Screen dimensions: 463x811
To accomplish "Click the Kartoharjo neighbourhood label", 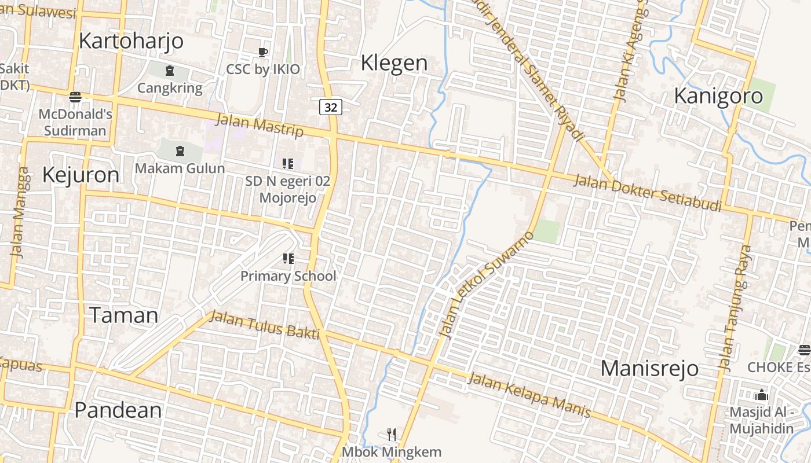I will coord(131,41).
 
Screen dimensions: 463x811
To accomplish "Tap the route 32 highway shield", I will coord(330,107).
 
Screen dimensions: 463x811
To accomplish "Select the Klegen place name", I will coord(394,63).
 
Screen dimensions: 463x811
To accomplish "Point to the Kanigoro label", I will coord(718,96).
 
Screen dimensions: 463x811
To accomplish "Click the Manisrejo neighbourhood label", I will coord(649,368).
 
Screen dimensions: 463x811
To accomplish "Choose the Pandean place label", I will coord(118,410).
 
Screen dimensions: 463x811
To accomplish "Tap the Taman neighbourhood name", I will coord(123,315).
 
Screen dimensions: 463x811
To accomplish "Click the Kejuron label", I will coord(81,175).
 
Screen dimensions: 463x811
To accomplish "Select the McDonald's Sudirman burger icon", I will coord(75,96).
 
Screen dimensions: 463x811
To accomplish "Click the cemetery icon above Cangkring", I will coord(170,71).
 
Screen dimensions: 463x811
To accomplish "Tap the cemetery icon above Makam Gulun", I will coord(180,152).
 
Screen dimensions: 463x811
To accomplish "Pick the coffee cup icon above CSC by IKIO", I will coord(263,53).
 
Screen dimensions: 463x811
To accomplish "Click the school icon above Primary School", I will coord(288,259).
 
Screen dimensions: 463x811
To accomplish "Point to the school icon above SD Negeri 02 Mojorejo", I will coord(288,164).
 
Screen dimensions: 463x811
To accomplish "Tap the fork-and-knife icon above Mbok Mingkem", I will coord(392,434).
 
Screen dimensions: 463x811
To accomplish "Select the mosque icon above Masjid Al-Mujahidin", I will coord(761,395).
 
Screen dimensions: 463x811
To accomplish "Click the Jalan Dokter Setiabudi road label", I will coord(647,193).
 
